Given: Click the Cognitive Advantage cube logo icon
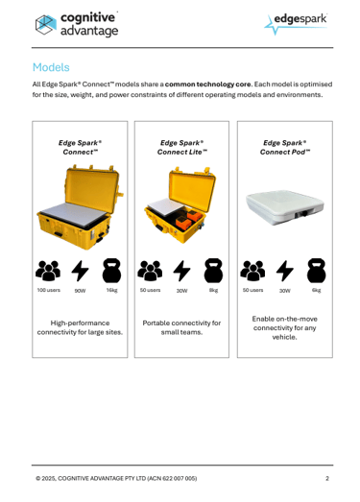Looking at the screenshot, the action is click(x=46, y=24).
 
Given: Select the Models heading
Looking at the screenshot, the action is click(x=51, y=67).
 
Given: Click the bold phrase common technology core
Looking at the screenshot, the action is click(x=208, y=84).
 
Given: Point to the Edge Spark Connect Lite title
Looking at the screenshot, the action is click(x=182, y=147).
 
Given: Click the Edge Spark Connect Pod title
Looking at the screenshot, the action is click(x=285, y=147).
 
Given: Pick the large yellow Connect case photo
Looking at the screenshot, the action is click(x=80, y=206).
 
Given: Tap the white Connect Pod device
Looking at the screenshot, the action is click(x=285, y=207).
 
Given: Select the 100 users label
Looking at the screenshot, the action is click(x=48, y=290).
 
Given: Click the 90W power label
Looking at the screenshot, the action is click(x=80, y=291).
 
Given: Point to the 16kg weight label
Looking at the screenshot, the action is click(x=111, y=290).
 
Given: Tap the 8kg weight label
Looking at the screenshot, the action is click(x=214, y=290).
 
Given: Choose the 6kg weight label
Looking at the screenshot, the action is click(x=317, y=290).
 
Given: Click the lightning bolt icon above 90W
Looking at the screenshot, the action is click(x=80, y=271).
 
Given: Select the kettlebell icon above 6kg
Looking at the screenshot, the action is click(x=317, y=271).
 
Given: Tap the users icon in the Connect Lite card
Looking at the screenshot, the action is click(x=150, y=271).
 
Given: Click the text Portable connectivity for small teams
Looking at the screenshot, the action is click(x=181, y=327).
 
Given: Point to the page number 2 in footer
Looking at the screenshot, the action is click(x=327, y=478).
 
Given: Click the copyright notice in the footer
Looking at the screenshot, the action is click(x=116, y=478).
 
